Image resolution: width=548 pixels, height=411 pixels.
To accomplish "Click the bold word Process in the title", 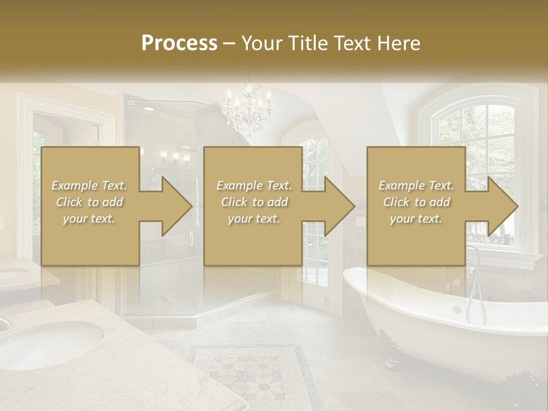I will point(179,43).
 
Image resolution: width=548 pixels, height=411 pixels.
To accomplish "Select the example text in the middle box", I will point(253,202).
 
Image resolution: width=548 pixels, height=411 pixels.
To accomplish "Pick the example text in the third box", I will point(416,202).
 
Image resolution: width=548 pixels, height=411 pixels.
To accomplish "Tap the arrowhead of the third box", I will point(502,206).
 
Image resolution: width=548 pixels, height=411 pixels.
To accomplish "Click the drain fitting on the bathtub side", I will point(457,309).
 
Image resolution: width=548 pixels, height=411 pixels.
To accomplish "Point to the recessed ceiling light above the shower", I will point(148,108).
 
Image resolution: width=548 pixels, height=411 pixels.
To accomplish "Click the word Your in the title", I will point(261,43).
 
